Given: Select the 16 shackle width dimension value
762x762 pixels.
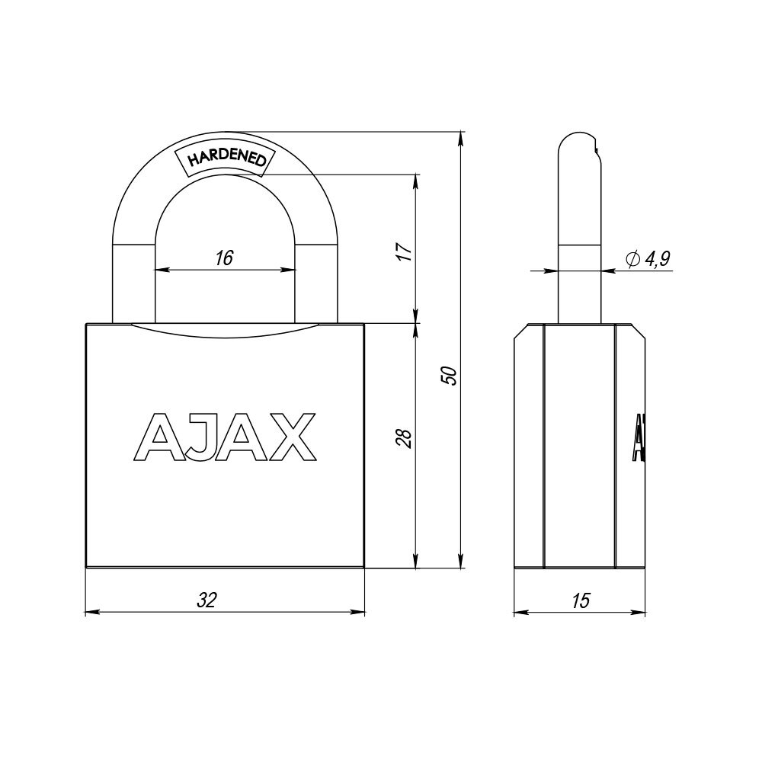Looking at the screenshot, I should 223,258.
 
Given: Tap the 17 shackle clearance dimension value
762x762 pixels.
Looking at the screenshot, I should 405,251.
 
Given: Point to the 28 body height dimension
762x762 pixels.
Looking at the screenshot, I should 405,438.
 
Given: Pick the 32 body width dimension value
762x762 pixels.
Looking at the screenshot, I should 207,600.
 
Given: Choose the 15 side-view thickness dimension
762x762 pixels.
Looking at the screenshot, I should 580,600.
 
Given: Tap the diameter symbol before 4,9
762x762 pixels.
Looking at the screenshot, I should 632,260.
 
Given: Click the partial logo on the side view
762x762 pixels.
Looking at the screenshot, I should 637,438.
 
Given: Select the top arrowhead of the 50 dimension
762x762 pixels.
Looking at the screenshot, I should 460,138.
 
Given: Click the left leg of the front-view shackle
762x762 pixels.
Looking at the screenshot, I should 133,282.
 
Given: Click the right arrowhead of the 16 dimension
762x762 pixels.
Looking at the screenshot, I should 290,270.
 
